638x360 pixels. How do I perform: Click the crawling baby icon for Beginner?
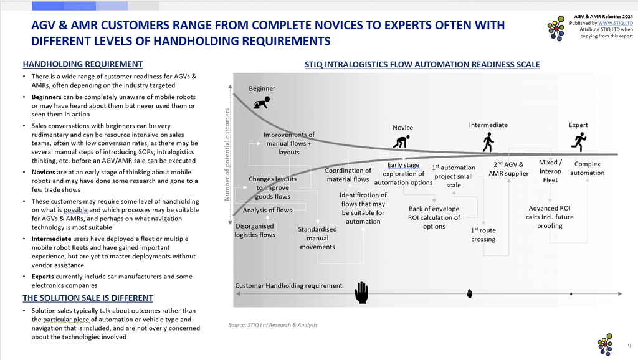(262, 103)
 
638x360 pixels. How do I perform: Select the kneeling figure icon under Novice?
(401, 141)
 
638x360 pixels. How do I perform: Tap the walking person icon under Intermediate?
(488, 143)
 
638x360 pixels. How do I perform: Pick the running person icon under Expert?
(579, 142)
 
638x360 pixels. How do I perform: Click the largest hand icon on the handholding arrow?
(361, 293)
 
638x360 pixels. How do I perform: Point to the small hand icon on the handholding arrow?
(469, 294)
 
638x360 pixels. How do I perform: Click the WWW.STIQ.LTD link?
(615, 23)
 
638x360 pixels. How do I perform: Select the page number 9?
(629, 346)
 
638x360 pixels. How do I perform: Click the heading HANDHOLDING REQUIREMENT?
(83, 64)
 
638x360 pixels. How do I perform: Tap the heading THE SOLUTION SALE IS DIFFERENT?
(88, 298)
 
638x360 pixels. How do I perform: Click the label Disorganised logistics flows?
(255, 230)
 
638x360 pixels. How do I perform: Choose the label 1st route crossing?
(483, 235)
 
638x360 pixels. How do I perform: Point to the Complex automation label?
(587, 168)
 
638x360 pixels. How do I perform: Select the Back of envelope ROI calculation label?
(434, 217)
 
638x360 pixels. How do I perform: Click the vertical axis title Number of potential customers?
(227, 154)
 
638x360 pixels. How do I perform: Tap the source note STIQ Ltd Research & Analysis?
(273, 325)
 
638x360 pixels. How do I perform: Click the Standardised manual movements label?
(317, 238)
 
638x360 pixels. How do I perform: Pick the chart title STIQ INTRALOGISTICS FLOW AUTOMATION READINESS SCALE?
(422, 64)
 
